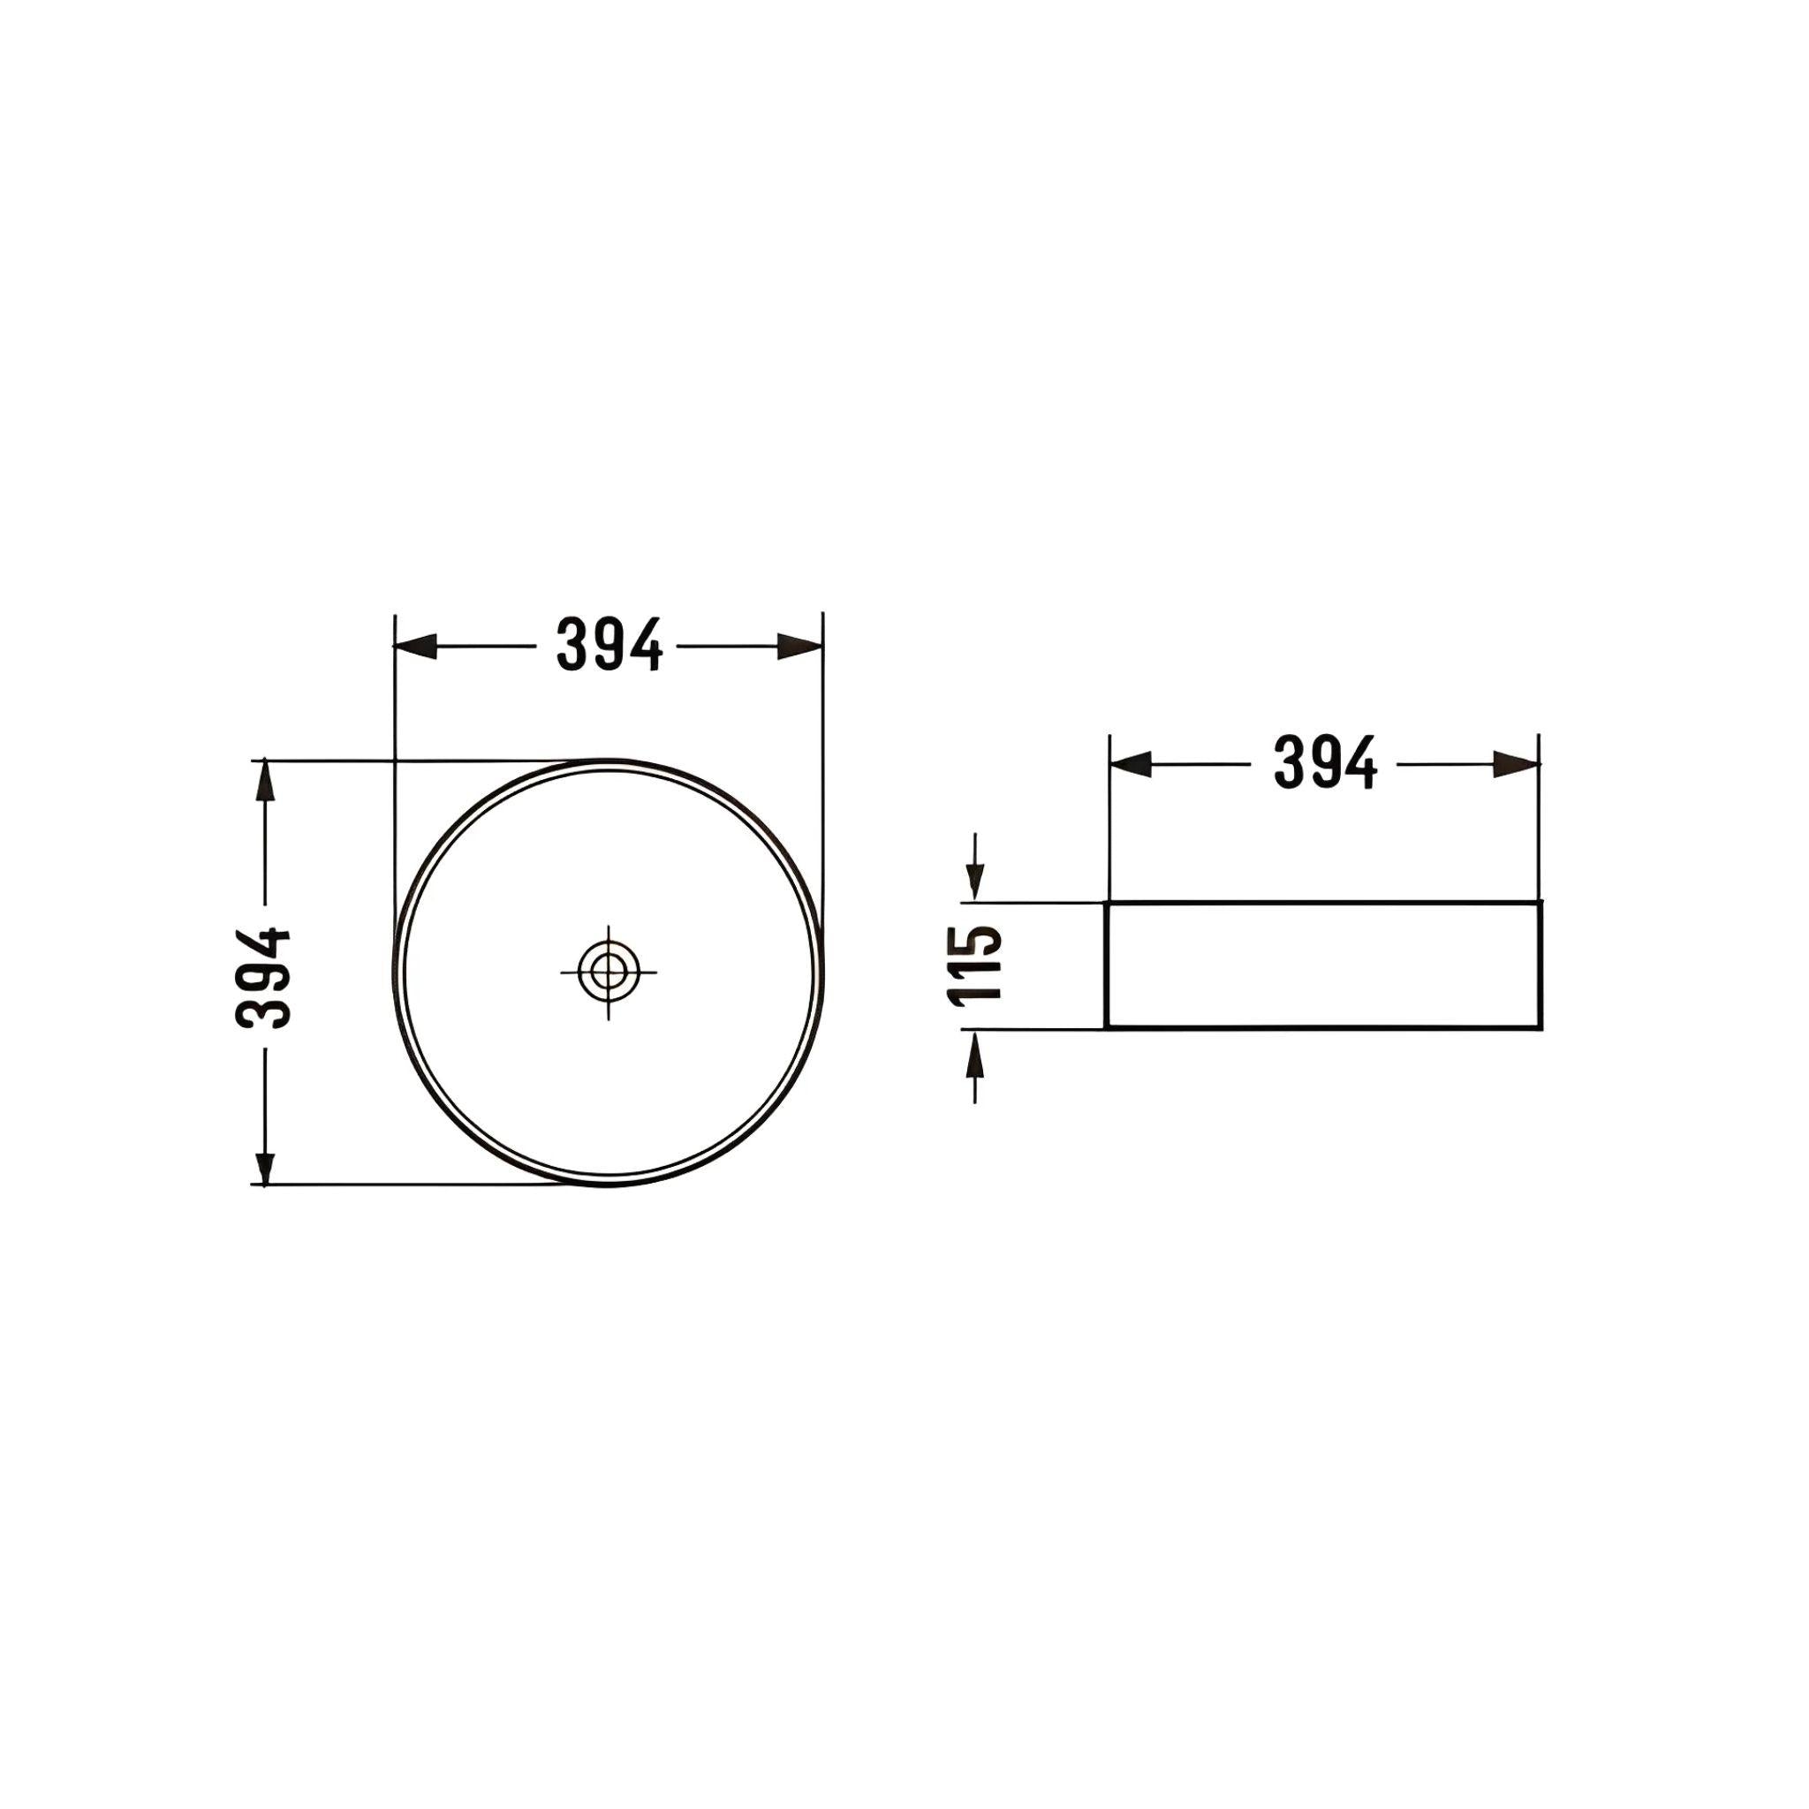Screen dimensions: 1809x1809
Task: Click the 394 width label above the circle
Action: pyautogui.click(x=609, y=645)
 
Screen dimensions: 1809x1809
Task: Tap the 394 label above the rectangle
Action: pyautogui.click(x=1325, y=763)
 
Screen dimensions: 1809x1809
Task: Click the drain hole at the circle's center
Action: pyautogui.click(x=609, y=971)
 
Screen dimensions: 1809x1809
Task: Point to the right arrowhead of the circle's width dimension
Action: pyautogui.click(x=800, y=646)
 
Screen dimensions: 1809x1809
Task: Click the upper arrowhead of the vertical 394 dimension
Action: pyautogui.click(x=266, y=782)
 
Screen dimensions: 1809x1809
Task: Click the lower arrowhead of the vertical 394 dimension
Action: pyautogui.click(x=266, y=1164)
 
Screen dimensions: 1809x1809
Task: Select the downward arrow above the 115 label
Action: pyautogui.click(x=976, y=879)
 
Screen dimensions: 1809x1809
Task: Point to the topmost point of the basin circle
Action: pyautogui.click(x=609, y=760)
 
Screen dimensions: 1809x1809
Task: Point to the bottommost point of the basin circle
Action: pyautogui.click(x=609, y=1185)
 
